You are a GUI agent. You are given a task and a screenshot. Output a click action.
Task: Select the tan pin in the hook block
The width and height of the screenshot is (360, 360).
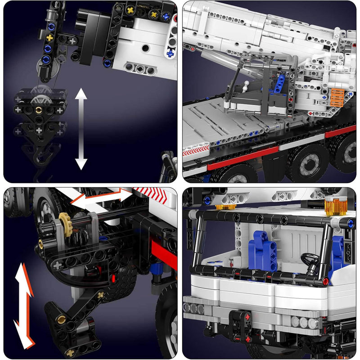39,110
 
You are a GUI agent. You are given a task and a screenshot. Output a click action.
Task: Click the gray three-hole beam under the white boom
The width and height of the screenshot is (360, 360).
139,69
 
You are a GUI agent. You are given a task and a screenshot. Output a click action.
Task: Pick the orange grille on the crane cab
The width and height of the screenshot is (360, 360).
337,97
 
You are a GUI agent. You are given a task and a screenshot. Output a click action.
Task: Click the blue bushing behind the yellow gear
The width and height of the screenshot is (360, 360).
103,238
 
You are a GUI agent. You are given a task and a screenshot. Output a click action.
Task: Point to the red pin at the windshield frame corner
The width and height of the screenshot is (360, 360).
325,283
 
